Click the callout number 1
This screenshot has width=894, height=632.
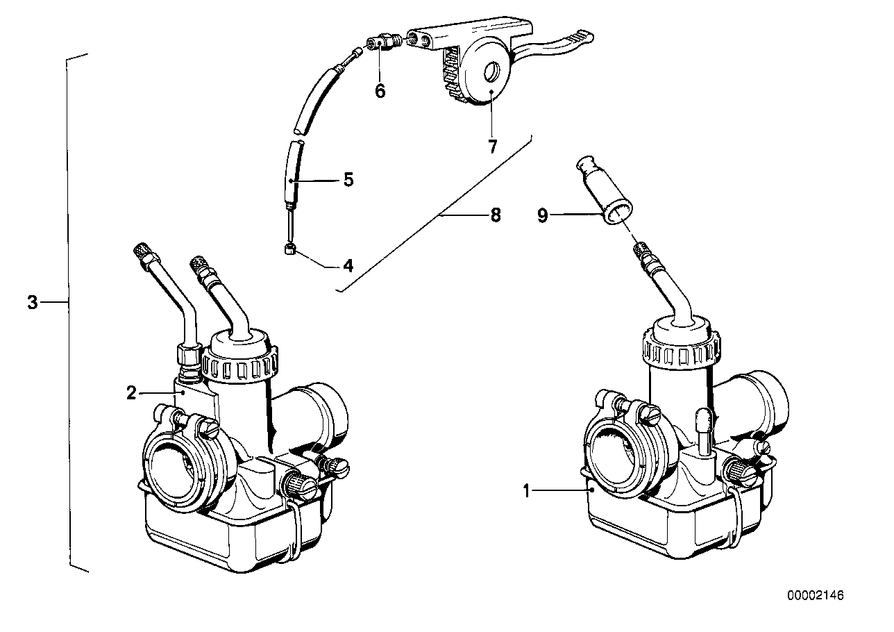(x=527, y=492)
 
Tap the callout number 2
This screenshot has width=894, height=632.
(x=131, y=393)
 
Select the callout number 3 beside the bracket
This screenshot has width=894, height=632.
(x=32, y=303)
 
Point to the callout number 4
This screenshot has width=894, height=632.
(x=347, y=265)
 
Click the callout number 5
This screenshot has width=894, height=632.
(x=348, y=180)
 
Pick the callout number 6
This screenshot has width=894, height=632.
(x=380, y=91)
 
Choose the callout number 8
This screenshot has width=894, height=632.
(x=494, y=215)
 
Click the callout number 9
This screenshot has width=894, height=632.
(x=543, y=216)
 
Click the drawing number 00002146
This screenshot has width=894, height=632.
(x=816, y=596)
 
